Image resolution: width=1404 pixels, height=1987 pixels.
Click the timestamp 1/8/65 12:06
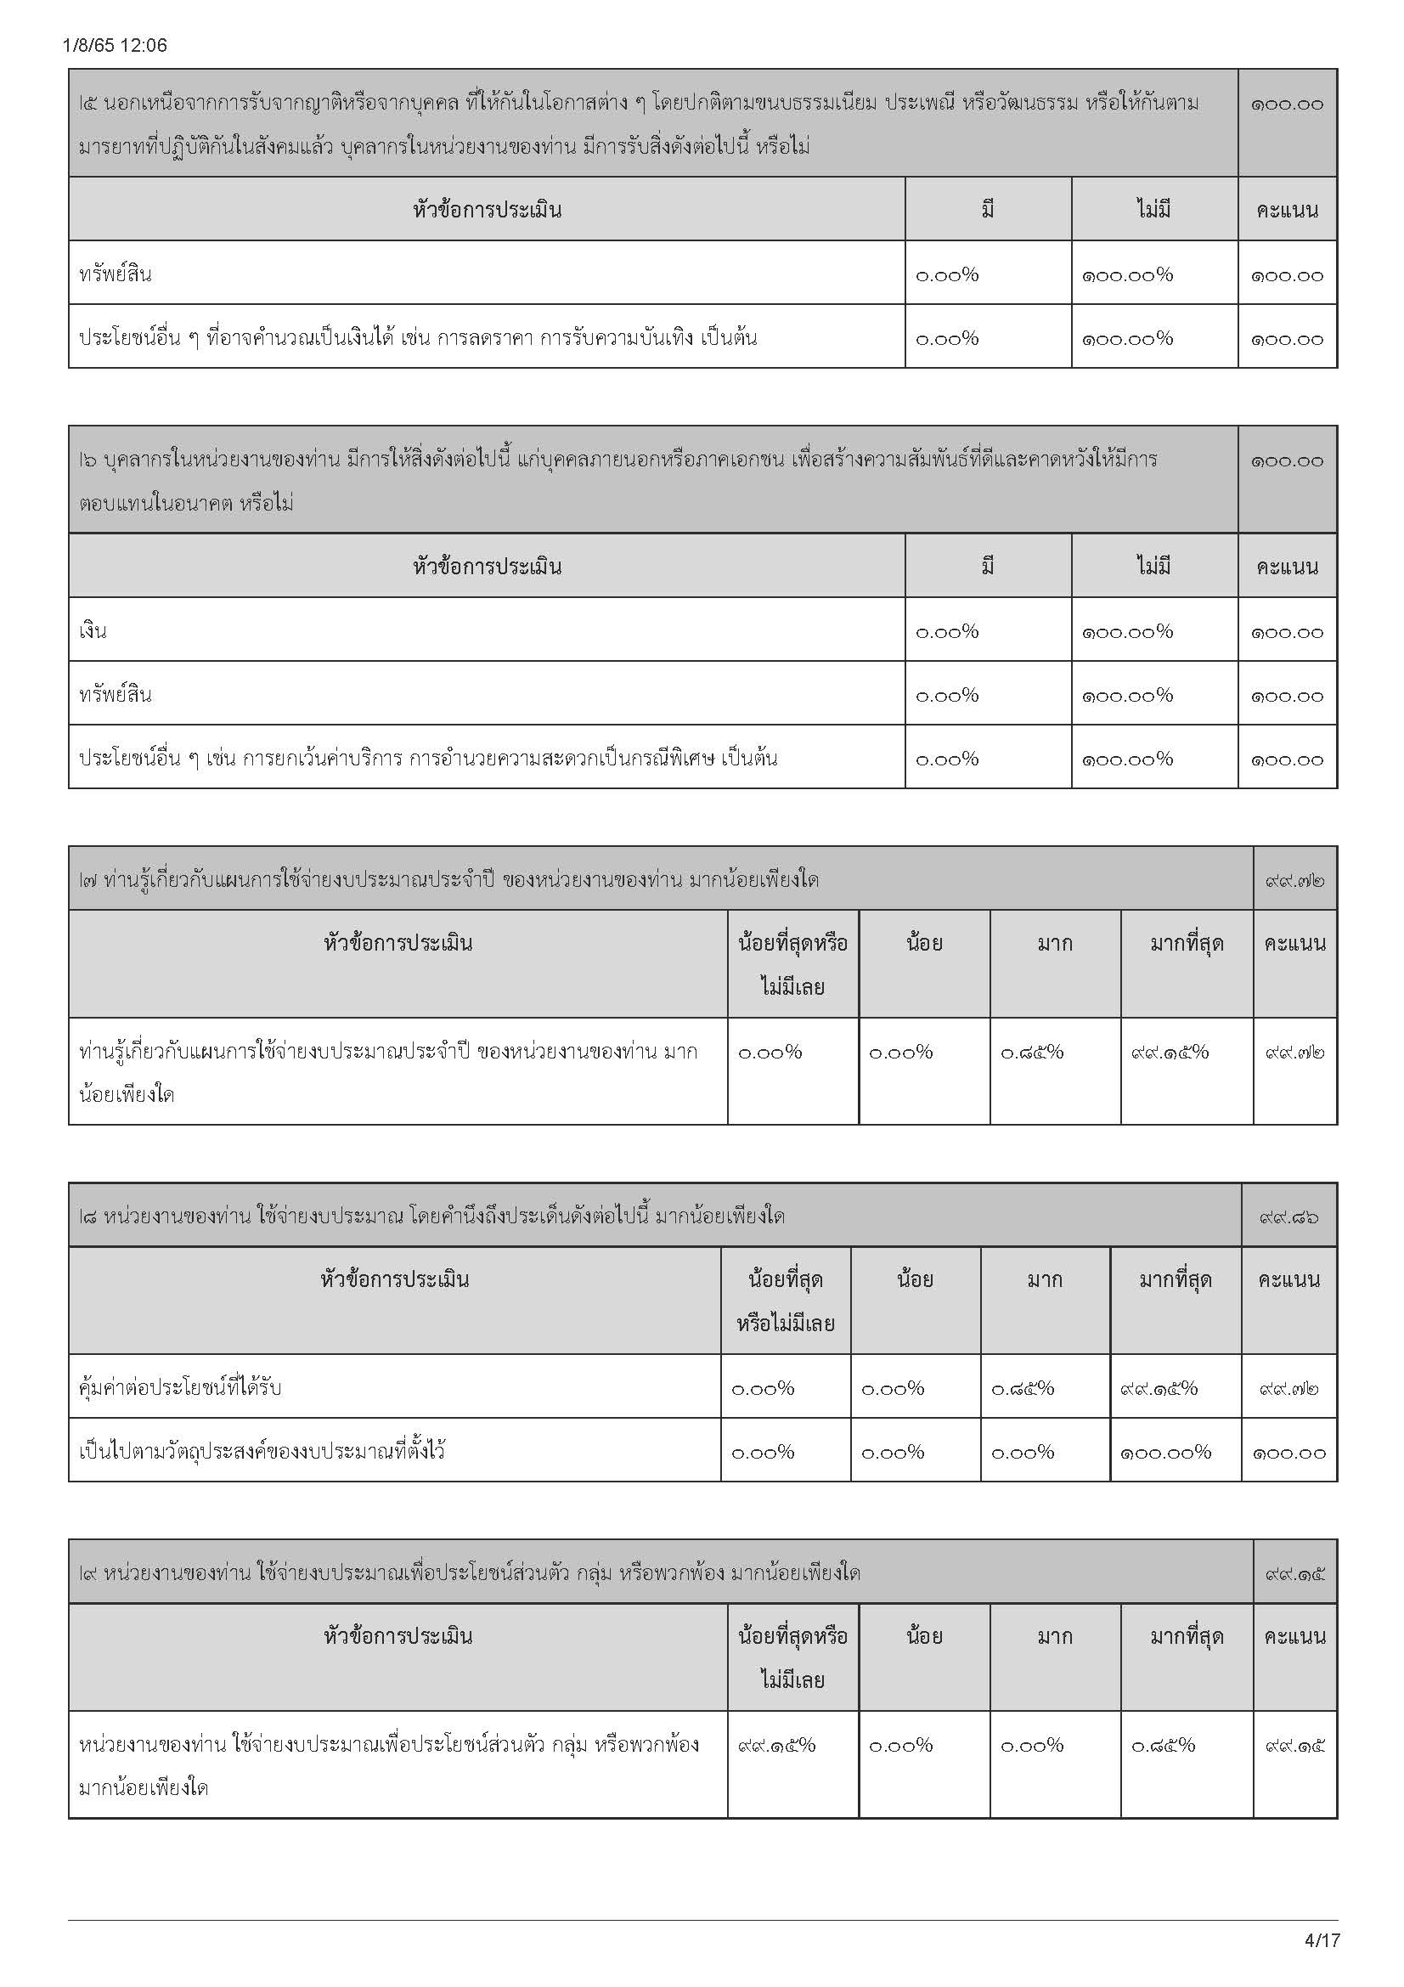(x=115, y=45)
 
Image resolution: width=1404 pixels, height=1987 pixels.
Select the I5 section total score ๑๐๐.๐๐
(x=1286, y=104)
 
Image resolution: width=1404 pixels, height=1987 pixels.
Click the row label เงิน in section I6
(x=93, y=631)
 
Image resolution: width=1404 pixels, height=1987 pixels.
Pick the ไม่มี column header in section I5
(x=1153, y=210)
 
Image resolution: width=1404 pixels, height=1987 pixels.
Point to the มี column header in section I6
(x=987, y=567)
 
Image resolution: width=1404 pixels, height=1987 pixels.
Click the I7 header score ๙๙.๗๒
(x=1294, y=881)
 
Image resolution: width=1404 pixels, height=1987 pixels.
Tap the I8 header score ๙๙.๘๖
(x=1288, y=1216)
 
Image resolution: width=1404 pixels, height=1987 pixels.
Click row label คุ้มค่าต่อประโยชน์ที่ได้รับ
(x=180, y=1388)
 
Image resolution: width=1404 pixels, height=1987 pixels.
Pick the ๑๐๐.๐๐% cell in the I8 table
(x=1165, y=1452)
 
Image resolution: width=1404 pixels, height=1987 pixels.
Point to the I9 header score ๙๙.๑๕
(x=1294, y=1573)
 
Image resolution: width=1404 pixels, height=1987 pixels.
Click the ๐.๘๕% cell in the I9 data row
(x=1163, y=1745)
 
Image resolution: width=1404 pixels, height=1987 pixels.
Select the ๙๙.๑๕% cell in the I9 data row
(x=776, y=1745)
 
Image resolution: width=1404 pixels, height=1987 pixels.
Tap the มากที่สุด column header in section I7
(x=1186, y=943)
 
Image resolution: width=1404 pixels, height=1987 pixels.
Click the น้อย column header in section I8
(x=915, y=1279)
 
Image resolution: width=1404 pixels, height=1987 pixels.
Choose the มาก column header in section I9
(x=1055, y=1636)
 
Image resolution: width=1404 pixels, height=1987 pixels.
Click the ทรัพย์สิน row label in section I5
(x=115, y=274)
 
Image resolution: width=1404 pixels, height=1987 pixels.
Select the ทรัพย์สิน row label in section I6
(x=115, y=695)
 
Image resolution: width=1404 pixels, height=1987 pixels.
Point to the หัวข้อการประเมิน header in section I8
(x=394, y=1279)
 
